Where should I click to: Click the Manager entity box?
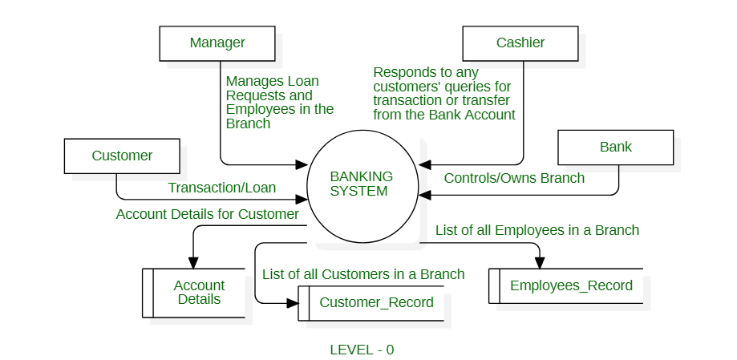tap(217, 42)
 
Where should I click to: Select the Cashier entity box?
tap(520, 42)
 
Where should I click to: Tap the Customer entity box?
tap(122, 156)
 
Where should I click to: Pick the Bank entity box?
tap(615, 147)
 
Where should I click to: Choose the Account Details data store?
tap(198, 293)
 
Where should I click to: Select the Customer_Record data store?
tap(375, 303)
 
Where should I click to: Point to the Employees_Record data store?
tap(570, 285)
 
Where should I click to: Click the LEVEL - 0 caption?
tap(362, 350)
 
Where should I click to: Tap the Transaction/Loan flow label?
tap(221, 188)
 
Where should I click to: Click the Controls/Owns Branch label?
tap(514, 178)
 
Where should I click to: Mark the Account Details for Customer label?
tap(207, 214)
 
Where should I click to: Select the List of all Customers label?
tap(363, 274)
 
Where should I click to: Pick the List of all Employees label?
tap(537, 230)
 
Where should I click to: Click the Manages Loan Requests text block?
tap(279, 102)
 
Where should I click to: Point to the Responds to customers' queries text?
tap(444, 93)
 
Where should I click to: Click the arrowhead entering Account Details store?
tap(193, 262)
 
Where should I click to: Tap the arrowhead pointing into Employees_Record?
tap(539, 262)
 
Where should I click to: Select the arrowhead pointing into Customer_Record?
tap(292, 302)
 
